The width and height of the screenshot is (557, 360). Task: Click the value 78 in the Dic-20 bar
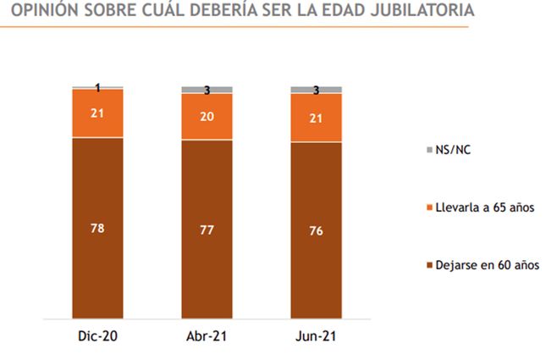pyautogui.click(x=97, y=227)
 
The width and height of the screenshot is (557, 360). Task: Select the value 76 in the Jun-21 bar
pyautogui.click(x=316, y=230)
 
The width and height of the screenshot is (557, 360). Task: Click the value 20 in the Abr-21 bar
pyautogui.click(x=207, y=117)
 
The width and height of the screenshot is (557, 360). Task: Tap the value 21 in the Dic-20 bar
pyautogui.click(x=97, y=114)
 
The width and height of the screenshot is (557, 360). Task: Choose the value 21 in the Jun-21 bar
pyautogui.click(x=316, y=118)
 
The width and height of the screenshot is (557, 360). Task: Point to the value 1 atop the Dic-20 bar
pyautogui.click(x=98, y=87)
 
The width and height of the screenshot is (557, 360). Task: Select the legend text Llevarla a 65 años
pyautogui.click(x=486, y=207)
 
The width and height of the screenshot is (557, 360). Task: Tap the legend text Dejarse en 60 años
pyautogui.click(x=488, y=265)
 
